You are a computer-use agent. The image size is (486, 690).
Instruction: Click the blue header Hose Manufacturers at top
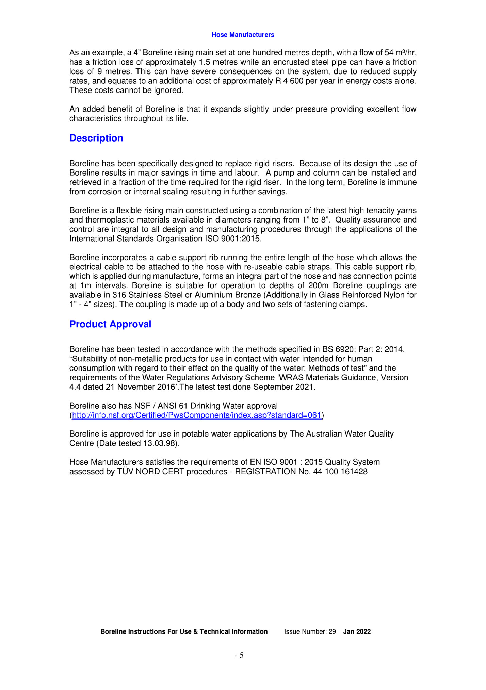tap(243, 35)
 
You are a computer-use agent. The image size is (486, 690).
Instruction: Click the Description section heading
tap(96, 138)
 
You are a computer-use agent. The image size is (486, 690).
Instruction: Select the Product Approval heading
tap(110, 324)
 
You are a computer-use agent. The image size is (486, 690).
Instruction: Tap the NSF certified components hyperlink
tap(197, 415)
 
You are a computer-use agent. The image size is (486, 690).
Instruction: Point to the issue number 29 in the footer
tap(332, 631)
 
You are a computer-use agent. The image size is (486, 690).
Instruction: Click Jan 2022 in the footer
tap(357, 631)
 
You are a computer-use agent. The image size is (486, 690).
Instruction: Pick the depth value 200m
tap(318, 285)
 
